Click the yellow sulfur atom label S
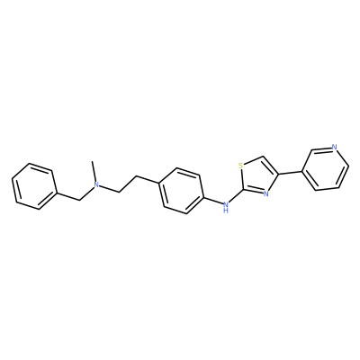tap(240, 166)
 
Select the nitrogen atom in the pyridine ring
tap(335, 147)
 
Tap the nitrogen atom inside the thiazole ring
tap(265, 193)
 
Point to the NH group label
tap(226, 207)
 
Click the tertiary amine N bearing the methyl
tap(96, 184)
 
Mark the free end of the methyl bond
tap(94, 161)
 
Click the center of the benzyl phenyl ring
tap(34, 186)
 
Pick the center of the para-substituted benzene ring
tap(181, 191)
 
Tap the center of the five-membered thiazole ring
tap(257, 176)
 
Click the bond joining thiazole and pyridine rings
tap(290, 173)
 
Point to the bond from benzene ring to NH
tap(212, 200)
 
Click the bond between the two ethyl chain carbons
tap(128, 184)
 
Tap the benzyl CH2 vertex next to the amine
tap(79, 200)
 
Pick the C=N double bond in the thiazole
tap(254, 192)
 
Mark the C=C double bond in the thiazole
tap(271, 165)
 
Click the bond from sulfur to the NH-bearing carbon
tap(242, 180)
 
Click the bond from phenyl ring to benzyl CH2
tap(68, 196)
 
